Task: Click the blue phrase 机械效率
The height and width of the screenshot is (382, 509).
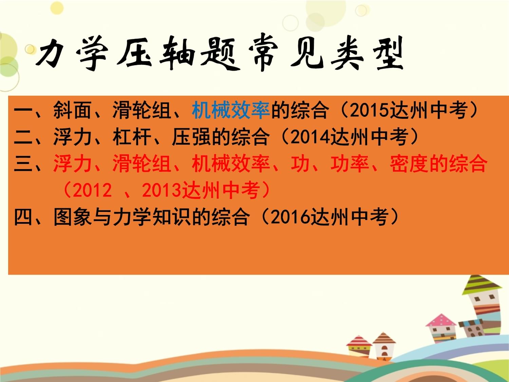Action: [x=231, y=110]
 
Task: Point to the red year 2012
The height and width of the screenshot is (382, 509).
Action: [x=92, y=190]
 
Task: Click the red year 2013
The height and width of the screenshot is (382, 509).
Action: [x=162, y=190]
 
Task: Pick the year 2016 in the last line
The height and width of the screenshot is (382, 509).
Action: [x=291, y=217]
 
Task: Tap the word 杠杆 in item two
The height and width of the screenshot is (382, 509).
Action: [x=132, y=137]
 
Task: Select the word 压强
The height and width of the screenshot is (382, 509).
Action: [x=191, y=137]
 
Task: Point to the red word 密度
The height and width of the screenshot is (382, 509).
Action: [x=409, y=164]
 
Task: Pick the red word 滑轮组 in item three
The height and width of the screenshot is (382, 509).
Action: [x=142, y=164]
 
